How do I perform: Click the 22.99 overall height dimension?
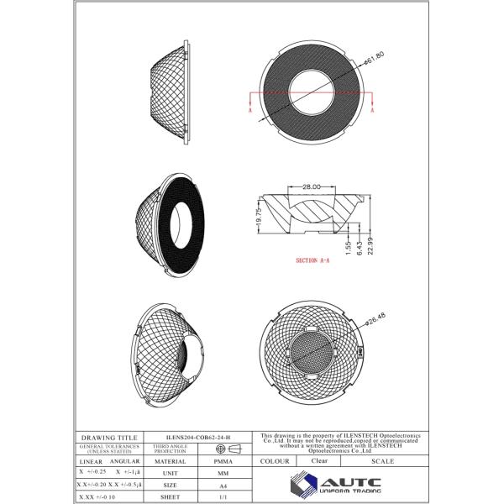pyautogui.click(x=370, y=244)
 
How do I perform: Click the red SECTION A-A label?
pyautogui.click(x=312, y=261)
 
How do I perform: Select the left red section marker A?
pyautogui.click(x=251, y=109)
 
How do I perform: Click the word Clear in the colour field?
pyautogui.click(x=320, y=461)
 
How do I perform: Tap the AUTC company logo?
pyautogui.click(x=336, y=486)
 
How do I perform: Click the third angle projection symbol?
pyautogui.click(x=222, y=449)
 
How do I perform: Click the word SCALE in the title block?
pyautogui.click(x=383, y=461)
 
